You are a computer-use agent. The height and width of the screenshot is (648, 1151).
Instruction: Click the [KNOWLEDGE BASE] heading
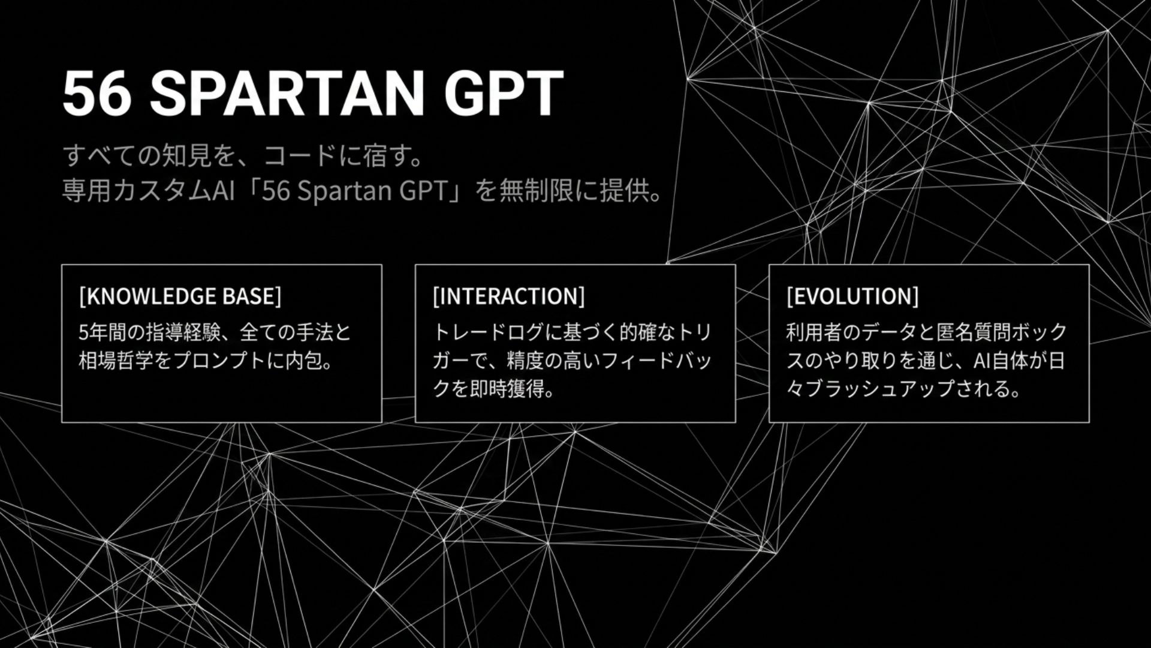[180, 296]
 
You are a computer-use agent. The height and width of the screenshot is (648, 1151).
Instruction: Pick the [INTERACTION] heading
[508, 296]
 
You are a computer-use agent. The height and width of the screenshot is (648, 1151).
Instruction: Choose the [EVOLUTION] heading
[852, 296]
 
